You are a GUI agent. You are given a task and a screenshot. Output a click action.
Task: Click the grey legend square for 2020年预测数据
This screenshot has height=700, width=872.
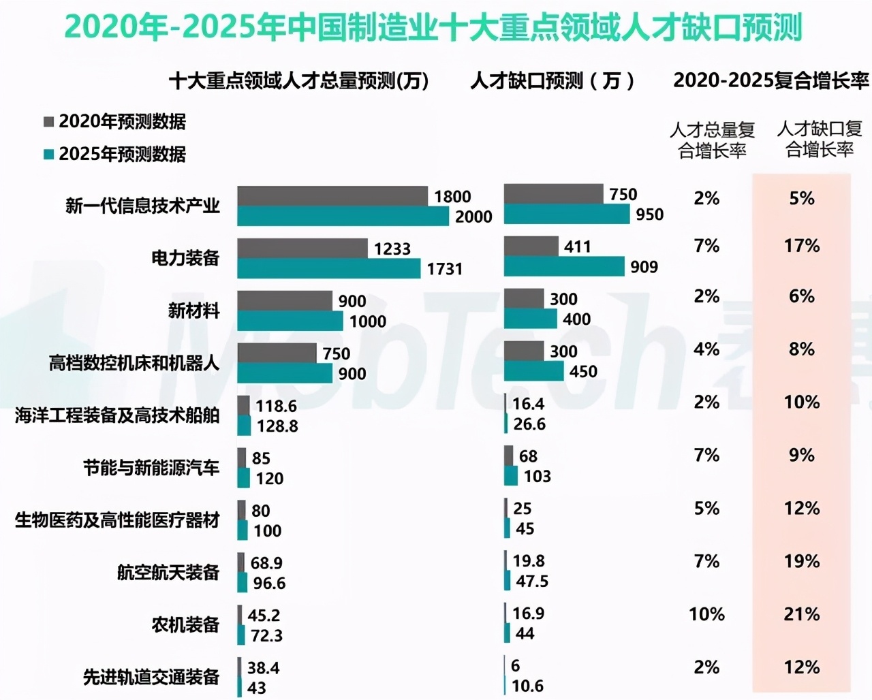[48, 122]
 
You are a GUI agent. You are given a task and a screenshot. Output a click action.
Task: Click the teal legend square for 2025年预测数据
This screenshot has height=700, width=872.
[48, 154]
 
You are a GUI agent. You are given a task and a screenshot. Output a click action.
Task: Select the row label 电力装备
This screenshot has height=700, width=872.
[185, 257]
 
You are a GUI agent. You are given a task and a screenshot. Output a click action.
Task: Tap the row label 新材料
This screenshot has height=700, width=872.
[193, 311]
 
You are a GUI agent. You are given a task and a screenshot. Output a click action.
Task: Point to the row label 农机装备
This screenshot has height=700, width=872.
[185, 624]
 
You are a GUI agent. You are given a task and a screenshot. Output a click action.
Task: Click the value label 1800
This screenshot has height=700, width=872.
[452, 197]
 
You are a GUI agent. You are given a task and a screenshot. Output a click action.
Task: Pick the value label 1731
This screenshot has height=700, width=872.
[444, 269]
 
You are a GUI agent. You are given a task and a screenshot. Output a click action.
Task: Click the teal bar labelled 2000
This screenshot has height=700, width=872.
[343, 216]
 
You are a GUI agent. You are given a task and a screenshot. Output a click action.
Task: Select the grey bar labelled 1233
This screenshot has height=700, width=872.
[302, 249]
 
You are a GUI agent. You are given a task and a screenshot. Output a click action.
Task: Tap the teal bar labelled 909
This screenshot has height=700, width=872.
[564, 266]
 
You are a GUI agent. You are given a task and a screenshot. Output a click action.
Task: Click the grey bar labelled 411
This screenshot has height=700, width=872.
[531, 246]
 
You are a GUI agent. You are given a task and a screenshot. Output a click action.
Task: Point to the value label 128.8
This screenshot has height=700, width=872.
[277, 426]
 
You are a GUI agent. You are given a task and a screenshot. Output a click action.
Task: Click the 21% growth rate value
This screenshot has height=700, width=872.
[801, 614]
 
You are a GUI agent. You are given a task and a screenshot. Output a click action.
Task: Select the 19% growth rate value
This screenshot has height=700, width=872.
[801, 562]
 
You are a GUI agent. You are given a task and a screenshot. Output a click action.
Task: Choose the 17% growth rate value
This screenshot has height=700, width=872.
[801, 246]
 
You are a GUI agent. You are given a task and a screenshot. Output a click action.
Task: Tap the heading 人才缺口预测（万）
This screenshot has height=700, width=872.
[552, 81]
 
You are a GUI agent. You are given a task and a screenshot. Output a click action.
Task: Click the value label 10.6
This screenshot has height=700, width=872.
[527, 686]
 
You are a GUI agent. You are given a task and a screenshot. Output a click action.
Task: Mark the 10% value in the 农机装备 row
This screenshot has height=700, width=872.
[706, 614]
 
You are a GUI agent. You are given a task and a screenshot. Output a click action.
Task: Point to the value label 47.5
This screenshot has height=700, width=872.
[531, 582]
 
